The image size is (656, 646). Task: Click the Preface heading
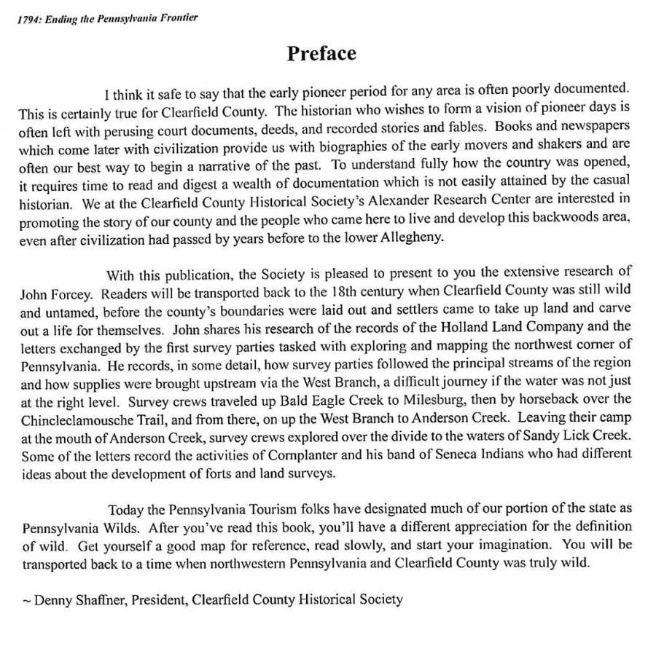(x=321, y=54)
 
